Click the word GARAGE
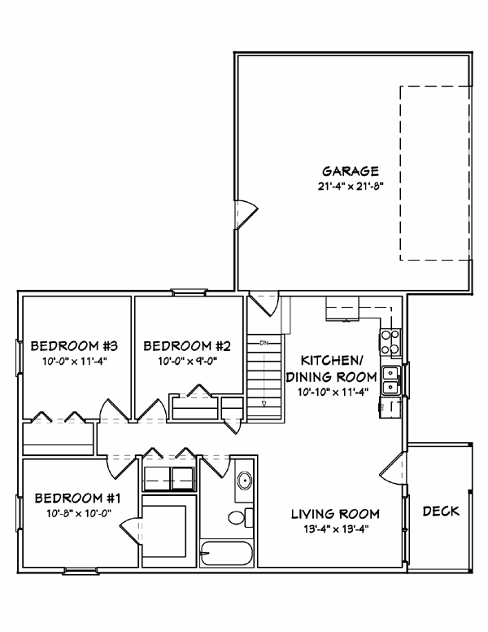click(351, 171)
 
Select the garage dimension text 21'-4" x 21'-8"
click(351, 186)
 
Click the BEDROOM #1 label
click(72, 498)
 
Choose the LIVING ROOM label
click(336, 514)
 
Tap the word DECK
click(441, 511)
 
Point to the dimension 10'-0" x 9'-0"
click(182, 359)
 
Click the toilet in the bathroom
click(237, 517)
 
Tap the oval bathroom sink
click(242, 481)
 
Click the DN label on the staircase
click(264, 343)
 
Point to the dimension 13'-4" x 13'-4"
click(336, 529)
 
